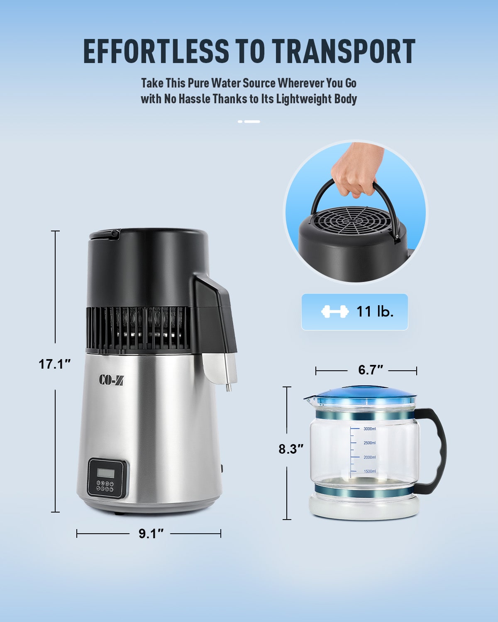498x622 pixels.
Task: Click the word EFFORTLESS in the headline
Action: [x=156, y=51]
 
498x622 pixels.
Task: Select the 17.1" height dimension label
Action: [x=55, y=364]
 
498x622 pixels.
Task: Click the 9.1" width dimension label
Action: [x=151, y=534]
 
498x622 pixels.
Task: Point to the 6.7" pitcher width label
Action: [x=371, y=370]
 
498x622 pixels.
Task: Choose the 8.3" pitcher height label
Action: [x=291, y=449]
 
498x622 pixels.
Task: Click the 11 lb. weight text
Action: [x=375, y=311]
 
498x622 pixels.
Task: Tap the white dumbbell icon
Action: [x=335, y=311]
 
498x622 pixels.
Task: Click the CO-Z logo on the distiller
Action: [x=111, y=380]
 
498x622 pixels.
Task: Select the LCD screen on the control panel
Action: [x=105, y=473]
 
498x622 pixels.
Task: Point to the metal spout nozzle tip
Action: [x=229, y=388]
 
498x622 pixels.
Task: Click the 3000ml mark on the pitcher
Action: [x=369, y=429]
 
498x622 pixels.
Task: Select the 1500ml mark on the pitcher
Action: [x=369, y=471]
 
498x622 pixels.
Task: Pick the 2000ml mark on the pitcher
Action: [x=369, y=457]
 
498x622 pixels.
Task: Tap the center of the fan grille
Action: [x=351, y=220]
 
